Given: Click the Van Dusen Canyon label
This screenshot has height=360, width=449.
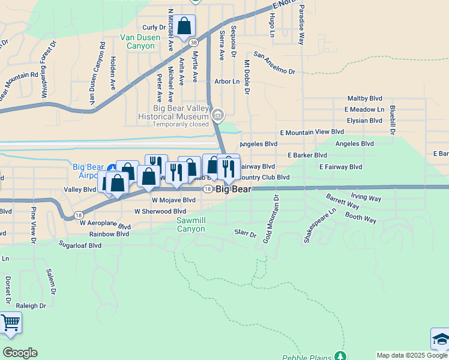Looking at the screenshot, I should [140, 41].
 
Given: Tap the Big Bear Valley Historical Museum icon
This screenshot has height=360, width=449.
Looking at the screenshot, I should [218, 114].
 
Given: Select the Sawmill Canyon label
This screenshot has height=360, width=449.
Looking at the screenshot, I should [191, 224].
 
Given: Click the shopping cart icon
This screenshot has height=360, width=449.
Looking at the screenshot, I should [10, 323].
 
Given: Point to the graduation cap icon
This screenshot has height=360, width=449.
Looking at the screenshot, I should [441, 339].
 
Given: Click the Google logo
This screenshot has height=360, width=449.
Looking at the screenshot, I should [20, 353].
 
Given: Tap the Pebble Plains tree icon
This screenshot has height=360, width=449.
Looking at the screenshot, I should [341, 356].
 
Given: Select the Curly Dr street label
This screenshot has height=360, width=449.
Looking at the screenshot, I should [154, 28].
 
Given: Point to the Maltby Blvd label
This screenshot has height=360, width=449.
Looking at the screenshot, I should [365, 98].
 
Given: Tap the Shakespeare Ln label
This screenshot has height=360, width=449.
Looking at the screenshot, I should [320, 226].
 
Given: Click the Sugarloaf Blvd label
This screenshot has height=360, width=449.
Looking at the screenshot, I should [79, 245].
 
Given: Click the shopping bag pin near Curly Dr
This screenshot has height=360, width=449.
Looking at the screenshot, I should [185, 26].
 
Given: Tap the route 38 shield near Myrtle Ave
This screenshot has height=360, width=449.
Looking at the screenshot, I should [193, 43].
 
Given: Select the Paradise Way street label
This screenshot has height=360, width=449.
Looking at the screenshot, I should [302, 25].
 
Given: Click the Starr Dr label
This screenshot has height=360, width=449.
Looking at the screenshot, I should [246, 232].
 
